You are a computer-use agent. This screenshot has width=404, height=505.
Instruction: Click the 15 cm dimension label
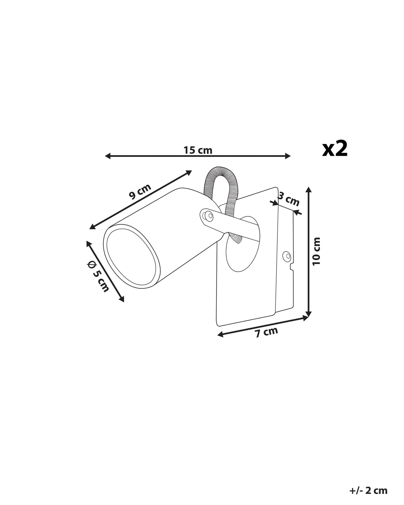click(x=198, y=150)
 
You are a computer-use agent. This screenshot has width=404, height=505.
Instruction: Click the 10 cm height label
click(x=316, y=251)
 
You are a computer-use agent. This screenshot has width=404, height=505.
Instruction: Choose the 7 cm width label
click(x=266, y=332)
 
